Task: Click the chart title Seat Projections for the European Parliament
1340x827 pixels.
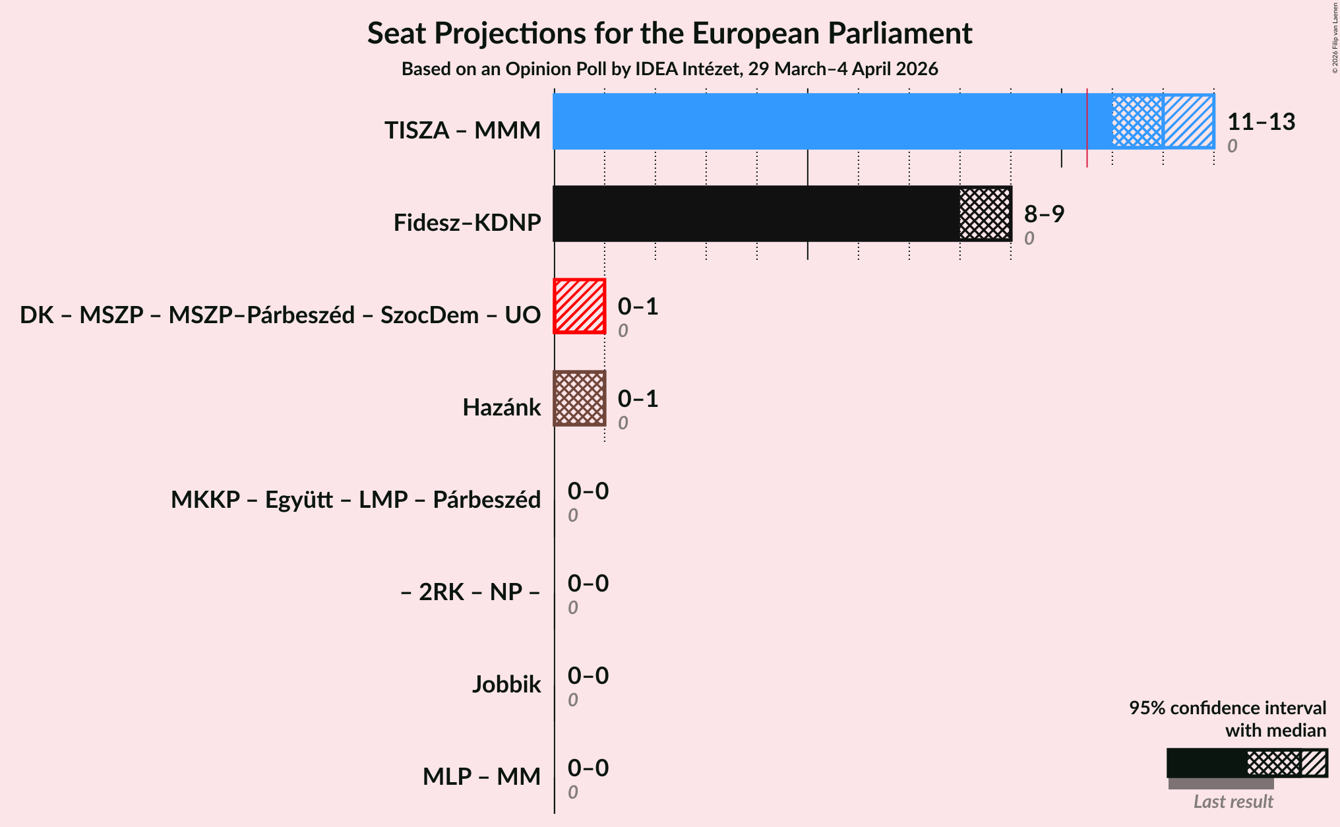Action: click(x=669, y=34)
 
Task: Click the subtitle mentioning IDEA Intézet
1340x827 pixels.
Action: click(x=669, y=69)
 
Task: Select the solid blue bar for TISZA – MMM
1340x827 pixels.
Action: click(x=818, y=121)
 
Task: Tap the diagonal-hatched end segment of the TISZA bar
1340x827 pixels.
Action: click(x=1188, y=121)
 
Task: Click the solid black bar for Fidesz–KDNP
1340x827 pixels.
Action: click(x=756, y=214)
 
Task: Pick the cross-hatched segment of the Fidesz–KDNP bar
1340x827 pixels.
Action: click(x=985, y=214)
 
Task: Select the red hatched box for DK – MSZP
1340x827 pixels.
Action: click(x=580, y=306)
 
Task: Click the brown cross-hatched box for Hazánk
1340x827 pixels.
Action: click(x=580, y=398)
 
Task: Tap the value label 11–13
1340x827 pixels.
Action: click(x=1261, y=122)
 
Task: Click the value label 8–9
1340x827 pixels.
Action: click(x=1044, y=214)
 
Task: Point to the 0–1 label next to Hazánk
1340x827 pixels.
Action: click(x=638, y=399)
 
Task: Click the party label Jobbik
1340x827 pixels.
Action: click(x=506, y=685)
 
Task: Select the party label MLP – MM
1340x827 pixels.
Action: click(x=481, y=777)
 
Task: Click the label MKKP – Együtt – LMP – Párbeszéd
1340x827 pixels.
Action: click(x=355, y=500)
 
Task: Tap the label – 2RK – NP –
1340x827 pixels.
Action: click(x=470, y=592)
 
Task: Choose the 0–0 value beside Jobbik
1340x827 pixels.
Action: click(x=588, y=676)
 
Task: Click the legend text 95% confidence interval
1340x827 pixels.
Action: click(x=1227, y=708)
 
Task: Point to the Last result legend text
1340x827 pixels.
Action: click(x=1233, y=802)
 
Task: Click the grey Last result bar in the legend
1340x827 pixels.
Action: click(x=1221, y=783)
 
